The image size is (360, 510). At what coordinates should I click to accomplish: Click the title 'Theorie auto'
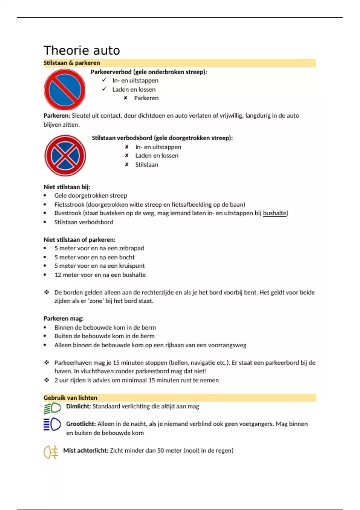click(82, 50)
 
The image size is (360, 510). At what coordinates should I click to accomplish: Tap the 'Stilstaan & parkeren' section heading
click(72, 63)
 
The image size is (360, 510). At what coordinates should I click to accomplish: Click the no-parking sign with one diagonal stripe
click(65, 89)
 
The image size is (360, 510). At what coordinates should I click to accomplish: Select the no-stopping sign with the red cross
click(65, 155)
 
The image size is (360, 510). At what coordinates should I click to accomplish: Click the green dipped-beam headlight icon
click(52, 408)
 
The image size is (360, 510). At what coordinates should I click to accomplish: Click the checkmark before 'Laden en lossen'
click(104, 89)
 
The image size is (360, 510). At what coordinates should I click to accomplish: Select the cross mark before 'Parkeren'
click(126, 98)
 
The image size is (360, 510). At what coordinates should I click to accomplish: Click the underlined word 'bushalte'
click(274, 213)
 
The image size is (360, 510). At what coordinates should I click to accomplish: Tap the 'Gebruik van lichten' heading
click(70, 398)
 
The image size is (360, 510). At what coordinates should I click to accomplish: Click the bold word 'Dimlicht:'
click(78, 406)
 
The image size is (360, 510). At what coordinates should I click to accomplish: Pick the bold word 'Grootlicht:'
click(81, 424)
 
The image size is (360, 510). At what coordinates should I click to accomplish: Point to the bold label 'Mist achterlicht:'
click(85, 450)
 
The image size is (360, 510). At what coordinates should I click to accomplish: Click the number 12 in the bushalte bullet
click(58, 275)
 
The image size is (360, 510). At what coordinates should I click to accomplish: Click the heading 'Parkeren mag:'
click(64, 318)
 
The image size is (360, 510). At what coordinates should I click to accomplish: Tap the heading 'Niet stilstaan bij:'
click(67, 187)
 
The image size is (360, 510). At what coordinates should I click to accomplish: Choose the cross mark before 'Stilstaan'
click(127, 164)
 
